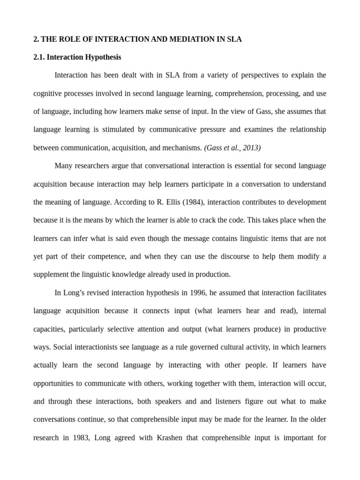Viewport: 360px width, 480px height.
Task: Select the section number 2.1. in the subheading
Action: pos(40,57)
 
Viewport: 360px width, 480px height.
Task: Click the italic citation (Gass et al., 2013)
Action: pos(232,148)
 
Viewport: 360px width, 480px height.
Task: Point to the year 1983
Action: pos(77,438)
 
